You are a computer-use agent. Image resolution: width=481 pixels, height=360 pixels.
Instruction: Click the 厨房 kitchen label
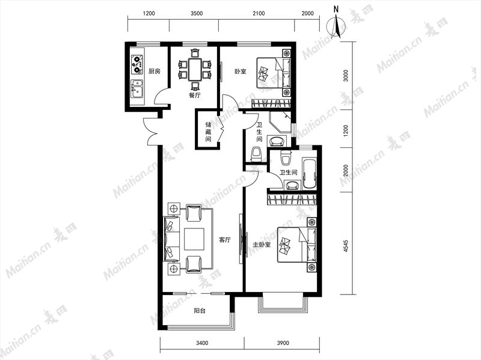[x=155, y=72]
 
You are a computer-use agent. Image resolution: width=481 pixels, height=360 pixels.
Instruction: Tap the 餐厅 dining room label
[x=194, y=95]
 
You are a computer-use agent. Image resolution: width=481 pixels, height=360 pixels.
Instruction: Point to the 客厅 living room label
[x=225, y=240]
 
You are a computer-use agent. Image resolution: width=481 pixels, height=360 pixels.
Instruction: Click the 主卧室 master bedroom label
[x=262, y=245]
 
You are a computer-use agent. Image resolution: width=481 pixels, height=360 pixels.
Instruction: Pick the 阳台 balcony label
[x=200, y=311]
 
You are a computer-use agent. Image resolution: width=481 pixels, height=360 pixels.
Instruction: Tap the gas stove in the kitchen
[x=137, y=64]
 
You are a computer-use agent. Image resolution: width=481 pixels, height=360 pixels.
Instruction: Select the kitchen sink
[x=137, y=89]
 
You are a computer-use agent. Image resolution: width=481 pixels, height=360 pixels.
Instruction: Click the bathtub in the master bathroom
[x=310, y=174]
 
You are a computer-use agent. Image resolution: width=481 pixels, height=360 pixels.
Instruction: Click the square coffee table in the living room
[x=194, y=239]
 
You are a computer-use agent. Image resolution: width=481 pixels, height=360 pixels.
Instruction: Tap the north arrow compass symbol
[x=337, y=25]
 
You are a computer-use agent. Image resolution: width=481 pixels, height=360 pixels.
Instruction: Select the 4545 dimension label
[x=346, y=246]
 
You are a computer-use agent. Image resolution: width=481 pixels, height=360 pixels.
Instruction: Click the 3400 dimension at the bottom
[x=202, y=343]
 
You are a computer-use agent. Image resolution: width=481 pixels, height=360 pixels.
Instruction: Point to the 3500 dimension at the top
[x=197, y=13]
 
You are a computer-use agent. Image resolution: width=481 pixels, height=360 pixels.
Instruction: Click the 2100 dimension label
[x=259, y=13]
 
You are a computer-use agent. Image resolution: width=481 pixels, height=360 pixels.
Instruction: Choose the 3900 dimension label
[x=283, y=343]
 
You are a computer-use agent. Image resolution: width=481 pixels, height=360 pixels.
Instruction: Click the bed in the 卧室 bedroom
[x=274, y=73]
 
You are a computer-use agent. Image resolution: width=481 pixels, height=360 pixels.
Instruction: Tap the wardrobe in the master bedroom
[x=292, y=200]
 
